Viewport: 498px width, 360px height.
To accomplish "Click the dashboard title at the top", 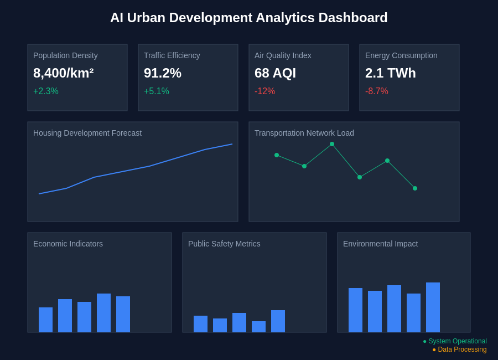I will [249, 18].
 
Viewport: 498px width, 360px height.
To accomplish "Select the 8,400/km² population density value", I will [63, 73].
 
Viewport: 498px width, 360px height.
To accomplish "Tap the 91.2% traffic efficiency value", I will [163, 73].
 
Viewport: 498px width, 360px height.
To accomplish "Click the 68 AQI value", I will [275, 73].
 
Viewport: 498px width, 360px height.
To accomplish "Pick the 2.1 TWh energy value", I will [390, 73].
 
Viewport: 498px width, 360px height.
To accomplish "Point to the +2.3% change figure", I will [46, 91].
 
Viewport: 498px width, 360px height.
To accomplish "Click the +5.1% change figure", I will [157, 91].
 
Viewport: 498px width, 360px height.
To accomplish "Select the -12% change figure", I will [264, 91].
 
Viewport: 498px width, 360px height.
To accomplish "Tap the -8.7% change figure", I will [377, 91].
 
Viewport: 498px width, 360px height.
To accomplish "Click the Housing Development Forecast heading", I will [87, 133].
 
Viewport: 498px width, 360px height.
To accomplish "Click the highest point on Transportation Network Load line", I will [332, 144].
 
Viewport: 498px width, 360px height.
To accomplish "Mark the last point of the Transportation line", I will [415, 188].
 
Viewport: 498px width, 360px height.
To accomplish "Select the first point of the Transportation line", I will [277, 155].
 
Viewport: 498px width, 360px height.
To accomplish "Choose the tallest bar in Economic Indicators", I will [103, 313].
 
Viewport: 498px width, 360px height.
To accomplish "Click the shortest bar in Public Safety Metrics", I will [258, 327].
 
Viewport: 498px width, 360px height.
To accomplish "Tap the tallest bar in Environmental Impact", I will [433, 307].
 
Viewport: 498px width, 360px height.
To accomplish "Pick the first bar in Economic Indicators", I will [45, 320].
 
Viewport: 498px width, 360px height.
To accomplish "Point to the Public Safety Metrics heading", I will [224, 244].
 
